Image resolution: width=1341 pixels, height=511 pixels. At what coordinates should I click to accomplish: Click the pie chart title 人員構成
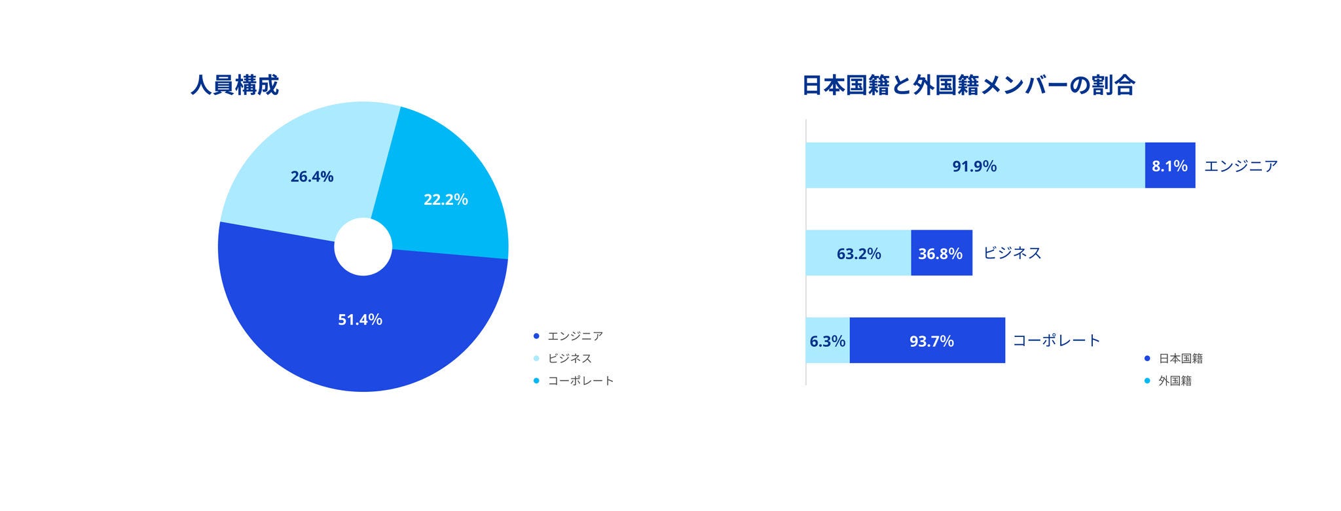(x=234, y=85)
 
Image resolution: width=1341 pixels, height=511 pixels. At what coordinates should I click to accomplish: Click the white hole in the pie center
(x=363, y=247)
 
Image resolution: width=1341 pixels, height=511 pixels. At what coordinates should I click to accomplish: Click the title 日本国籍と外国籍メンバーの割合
(x=968, y=85)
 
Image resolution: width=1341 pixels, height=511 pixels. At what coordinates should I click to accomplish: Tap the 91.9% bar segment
(x=974, y=166)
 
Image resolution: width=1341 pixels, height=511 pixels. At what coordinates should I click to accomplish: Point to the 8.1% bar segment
(x=1169, y=166)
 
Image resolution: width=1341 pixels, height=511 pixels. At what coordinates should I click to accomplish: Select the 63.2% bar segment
(x=858, y=253)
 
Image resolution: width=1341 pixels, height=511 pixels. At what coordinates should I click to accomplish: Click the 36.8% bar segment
(x=940, y=253)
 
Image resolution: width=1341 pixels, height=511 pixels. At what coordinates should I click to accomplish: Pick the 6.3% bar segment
(x=828, y=341)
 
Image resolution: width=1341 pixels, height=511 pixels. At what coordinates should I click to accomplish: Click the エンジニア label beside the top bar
(x=1241, y=166)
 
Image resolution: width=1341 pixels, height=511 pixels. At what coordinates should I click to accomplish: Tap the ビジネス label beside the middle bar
(x=1012, y=253)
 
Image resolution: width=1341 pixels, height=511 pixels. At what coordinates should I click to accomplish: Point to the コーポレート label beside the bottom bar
(x=1056, y=340)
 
